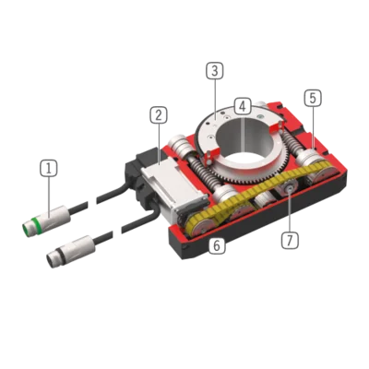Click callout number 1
pos(49,168)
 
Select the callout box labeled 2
pos(159,115)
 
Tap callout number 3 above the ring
pos(215,71)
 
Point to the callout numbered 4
pos(243,107)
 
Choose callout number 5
pos(313,98)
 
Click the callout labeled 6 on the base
pos(217,245)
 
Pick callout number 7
pos(290,240)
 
